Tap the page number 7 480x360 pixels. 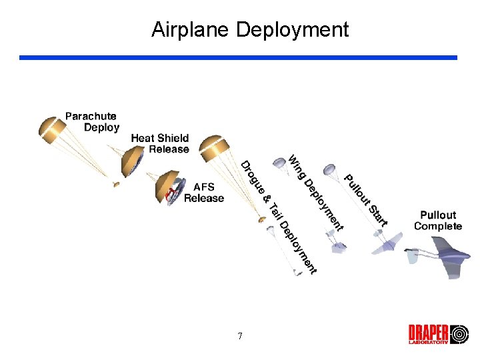[240, 336]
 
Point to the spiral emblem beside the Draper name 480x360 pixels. [460, 334]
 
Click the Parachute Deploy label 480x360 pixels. [92, 122]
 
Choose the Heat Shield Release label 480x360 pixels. [160, 143]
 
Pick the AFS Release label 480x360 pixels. [204, 193]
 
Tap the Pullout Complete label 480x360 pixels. [438, 221]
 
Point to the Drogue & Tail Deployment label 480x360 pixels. [278, 217]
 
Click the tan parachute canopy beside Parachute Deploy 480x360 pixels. [50, 129]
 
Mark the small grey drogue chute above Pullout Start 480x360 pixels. [329, 170]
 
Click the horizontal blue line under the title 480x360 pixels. [238, 58]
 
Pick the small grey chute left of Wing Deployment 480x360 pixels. [279, 162]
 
